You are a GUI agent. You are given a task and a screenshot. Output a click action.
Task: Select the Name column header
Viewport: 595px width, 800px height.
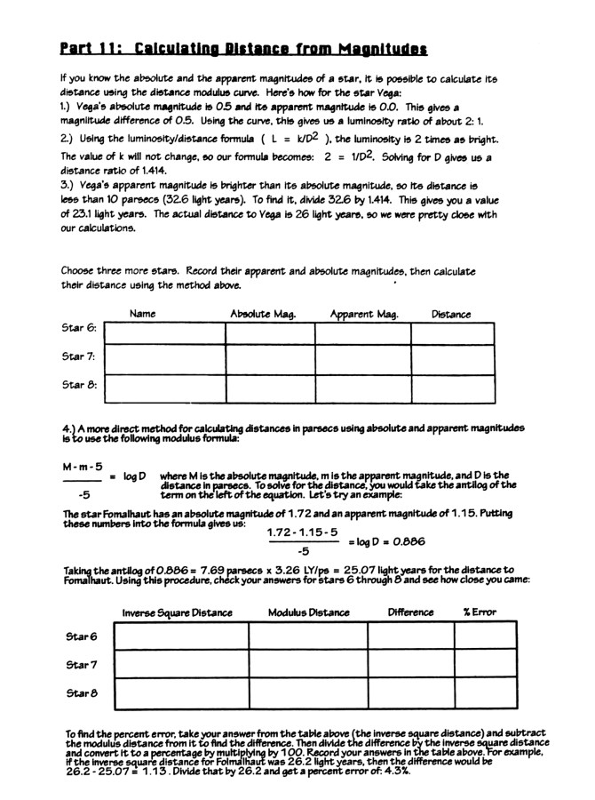point(143,315)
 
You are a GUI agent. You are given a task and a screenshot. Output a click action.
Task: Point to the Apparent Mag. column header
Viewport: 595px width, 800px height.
point(364,315)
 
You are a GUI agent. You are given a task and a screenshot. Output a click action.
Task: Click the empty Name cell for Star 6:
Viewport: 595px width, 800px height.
point(164,333)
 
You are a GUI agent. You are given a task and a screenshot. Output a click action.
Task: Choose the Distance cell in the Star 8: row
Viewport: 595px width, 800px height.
point(452,388)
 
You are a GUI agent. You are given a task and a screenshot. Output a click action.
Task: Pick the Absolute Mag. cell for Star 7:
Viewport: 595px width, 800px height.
point(269,361)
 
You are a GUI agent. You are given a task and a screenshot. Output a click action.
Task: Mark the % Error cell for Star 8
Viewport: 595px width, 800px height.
point(485,694)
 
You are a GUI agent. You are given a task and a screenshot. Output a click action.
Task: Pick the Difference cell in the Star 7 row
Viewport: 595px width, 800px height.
point(410,666)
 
